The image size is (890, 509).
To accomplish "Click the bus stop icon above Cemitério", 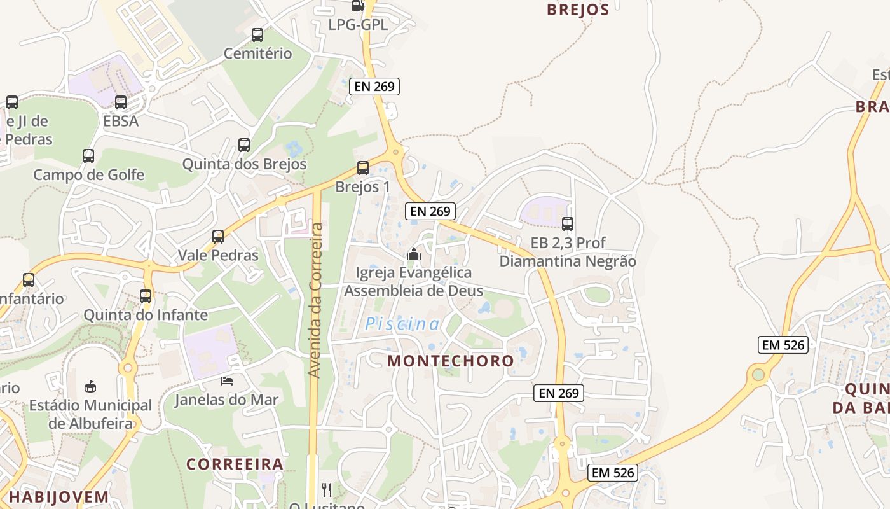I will tap(257, 35).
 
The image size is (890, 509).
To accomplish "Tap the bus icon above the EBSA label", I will tap(121, 102).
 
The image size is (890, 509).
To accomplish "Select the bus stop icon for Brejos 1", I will tap(363, 168).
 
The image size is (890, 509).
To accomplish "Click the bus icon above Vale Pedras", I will tap(218, 237).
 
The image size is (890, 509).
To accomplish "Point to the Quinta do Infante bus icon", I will tap(146, 296).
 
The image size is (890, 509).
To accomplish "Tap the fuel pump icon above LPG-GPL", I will tap(358, 6).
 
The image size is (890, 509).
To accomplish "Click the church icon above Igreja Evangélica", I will tap(414, 254).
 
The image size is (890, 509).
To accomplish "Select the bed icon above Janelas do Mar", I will tap(227, 381).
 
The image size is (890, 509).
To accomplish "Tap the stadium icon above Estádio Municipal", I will tap(90, 386).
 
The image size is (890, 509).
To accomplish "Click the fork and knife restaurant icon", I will tap(327, 489).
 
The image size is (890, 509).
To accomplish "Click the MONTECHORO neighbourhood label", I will tap(451, 361).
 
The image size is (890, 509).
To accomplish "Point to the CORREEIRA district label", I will tap(235, 464).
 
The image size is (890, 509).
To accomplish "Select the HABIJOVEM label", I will tap(58, 497).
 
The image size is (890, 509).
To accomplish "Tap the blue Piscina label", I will tap(402, 324).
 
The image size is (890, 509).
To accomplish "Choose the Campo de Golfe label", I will tap(89, 175).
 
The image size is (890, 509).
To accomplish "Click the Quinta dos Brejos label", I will tap(245, 164).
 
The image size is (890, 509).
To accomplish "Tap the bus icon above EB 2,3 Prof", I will tap(568, 224).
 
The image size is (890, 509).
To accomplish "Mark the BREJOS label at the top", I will tap(578, 10).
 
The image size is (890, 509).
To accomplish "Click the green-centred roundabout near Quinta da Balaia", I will tap(758, 374).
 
